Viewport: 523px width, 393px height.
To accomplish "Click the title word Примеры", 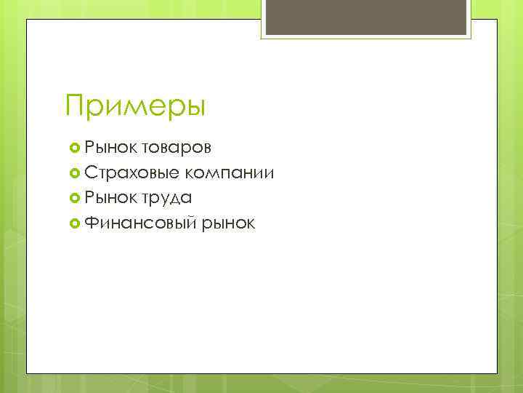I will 135,106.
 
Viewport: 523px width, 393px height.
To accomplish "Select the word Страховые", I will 132,173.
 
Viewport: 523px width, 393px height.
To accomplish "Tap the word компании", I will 230,173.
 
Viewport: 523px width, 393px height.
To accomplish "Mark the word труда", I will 167,199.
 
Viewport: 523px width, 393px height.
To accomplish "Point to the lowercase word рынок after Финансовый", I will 229,223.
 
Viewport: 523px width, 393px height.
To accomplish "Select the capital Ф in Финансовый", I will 92,223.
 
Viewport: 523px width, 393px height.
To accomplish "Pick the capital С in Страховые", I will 92,173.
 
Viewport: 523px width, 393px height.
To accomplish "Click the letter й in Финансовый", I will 191,223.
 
